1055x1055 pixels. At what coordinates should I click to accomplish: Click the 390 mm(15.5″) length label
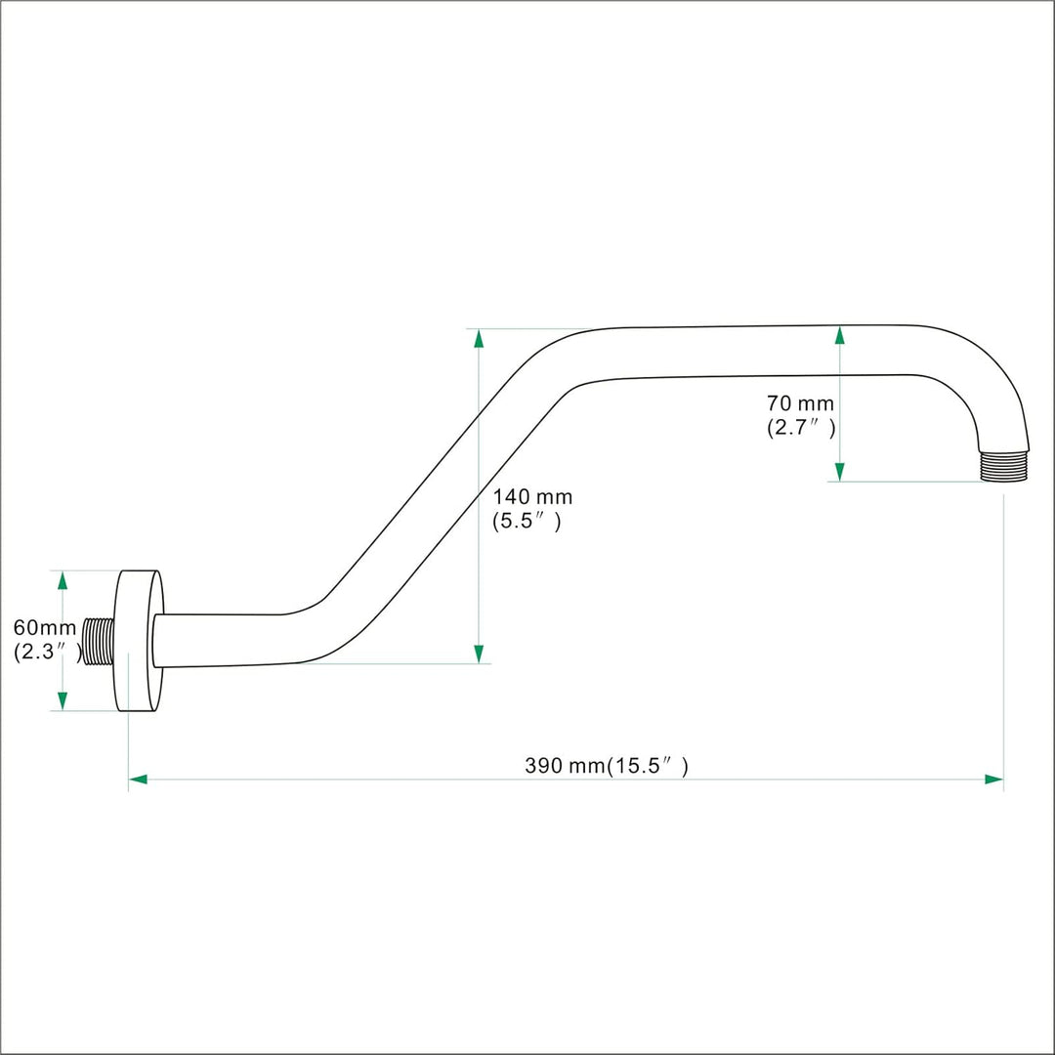pyautogui.click(x=607, y=766)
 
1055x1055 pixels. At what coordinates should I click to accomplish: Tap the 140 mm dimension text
pyautogui.click(x=532, y=497)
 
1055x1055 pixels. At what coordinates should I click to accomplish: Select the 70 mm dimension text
pyautogui.click(x=800, y=403)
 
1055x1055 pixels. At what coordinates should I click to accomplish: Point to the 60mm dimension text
pyautogui.click(x=45, y=628)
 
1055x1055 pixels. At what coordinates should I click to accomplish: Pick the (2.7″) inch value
pyautogui.click(x=801, y=428)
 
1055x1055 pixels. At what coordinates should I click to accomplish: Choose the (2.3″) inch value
pyautogui.click(x=47, y=652)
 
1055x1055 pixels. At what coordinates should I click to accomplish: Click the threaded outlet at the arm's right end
pyautogui.click(x=1004, y=466)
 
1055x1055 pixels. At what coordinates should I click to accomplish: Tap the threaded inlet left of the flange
pyautogui.click(x=99, y=641)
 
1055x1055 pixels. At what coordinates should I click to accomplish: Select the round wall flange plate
pyautogui.click(x=140, y=641)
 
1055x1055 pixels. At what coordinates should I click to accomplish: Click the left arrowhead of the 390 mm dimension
pyautogui.click(x=138, y=780)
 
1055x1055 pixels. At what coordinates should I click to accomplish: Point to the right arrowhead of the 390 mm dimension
pyautogui.click(x=993, y=780)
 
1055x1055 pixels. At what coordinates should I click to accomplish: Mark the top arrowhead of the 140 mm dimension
pyautogui.click(x=479, y=338)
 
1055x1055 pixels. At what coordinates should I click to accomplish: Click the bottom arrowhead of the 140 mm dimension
pyautogui.click(x=479, y=654)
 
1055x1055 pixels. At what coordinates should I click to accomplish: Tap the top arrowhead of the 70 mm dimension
pyautogui.click(x=840, y=335)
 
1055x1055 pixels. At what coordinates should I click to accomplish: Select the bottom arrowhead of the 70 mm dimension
pyautogui.click(x=840, y=472)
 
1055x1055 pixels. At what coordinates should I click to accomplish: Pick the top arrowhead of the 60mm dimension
pyautogui.click(x=63, y=580)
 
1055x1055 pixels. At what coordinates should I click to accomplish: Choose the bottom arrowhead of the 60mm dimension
pyautogui.click(x=63, y=700)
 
